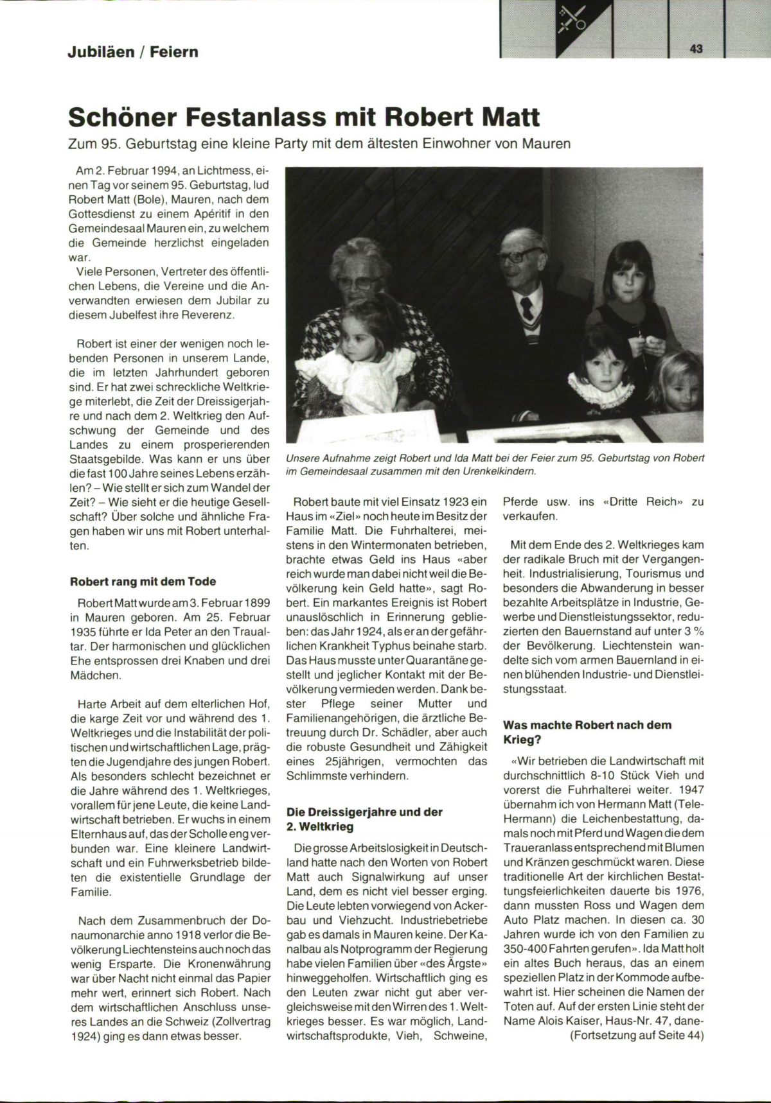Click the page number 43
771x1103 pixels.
(696, 49)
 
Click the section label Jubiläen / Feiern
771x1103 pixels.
(133, 51)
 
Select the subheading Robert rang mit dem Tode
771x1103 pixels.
(143, 582)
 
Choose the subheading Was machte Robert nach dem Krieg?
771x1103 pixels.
(587, 733)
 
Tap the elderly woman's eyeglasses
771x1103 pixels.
(357, 281)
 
